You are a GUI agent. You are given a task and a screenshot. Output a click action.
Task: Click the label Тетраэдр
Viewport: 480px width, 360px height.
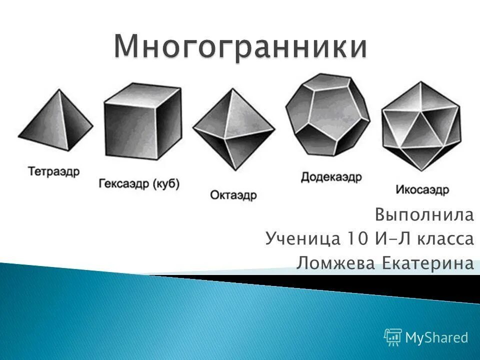pyautogui.click(x=54, y=171)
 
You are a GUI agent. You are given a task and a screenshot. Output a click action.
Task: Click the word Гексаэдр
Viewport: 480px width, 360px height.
pyautogui.click(x=123, y=183)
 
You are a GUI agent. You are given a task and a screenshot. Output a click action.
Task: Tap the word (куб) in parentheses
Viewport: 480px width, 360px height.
pyautogui.click(x=165, y=183)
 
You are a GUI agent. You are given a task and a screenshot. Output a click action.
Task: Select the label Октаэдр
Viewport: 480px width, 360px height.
pyautogui.click(x=233, y=195)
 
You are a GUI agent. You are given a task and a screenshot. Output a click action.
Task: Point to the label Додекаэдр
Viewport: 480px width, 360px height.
pyautogui.click(x=331, y=177)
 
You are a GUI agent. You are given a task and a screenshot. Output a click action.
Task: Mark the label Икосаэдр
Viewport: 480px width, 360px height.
pyautogui.click(x=422, y=190)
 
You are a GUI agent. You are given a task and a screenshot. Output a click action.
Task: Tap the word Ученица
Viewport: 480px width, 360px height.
pyautogui.click(x=302, y=239)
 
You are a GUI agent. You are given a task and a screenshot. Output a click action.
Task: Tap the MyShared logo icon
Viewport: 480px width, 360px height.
pyautogui.click(x=393, y=337)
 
